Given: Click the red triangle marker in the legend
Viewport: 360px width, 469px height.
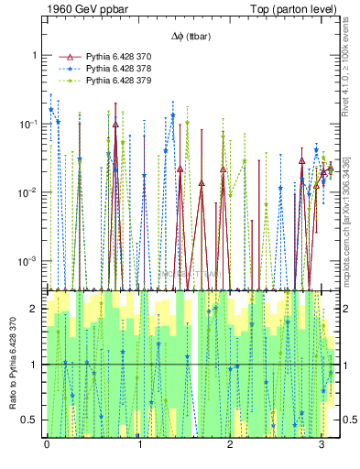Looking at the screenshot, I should click(x=65, y=56).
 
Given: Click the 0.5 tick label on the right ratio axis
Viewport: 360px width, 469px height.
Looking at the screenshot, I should click(x=349, y=420).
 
